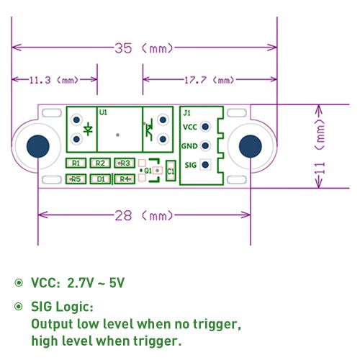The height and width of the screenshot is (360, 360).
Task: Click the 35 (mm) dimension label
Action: [x=144, y=48]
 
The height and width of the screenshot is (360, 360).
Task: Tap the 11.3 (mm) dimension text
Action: [x=54, y=80]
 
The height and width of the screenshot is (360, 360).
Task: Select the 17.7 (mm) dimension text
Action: [x=209, y=80]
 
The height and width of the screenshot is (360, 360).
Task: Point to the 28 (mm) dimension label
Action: [x=144, y=215]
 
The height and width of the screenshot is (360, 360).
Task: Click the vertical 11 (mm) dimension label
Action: [x=320, y=146]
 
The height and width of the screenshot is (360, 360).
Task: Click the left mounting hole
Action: [x=38, y=146]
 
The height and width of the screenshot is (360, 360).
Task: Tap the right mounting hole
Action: [x=251, y=146]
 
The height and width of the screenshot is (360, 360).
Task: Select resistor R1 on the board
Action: [x=76, y=163]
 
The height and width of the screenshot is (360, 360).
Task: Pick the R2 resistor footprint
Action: [x=100, y=163]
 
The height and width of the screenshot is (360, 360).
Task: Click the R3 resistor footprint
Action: [x=125, y=163]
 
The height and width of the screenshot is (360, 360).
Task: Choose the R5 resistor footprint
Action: [x=76, y=179]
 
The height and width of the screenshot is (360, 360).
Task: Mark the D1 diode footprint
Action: [x=100, y=179]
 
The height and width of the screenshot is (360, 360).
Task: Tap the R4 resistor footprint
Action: [x=125, y=179]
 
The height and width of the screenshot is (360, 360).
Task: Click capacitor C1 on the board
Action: [x=171, y=171]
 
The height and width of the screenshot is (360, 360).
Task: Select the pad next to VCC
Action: [x=205, y=127]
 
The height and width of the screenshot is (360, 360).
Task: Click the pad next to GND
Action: [x=205, y=145]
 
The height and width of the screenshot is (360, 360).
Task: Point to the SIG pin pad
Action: [x=205, y=165]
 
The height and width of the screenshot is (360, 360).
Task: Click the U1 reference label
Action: [x=103, y=112]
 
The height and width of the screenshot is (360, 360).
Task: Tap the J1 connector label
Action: [x=186, y=113]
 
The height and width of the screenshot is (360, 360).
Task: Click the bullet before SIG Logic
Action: [x=19, y=307]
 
